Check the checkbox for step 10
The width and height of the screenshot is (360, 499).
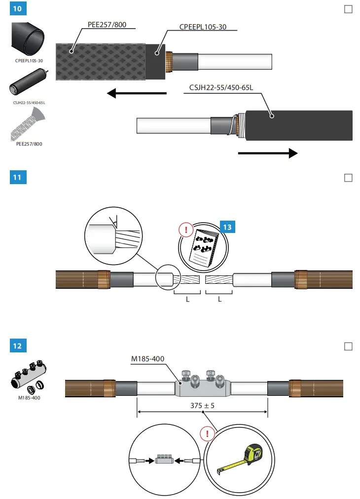point(348,9)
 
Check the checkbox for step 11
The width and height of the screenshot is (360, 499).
point(348,178)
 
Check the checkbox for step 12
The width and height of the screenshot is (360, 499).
point(348,346)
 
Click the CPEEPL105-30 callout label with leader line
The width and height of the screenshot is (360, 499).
point(203,27)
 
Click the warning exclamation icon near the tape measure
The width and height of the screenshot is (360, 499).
point(208,434)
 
